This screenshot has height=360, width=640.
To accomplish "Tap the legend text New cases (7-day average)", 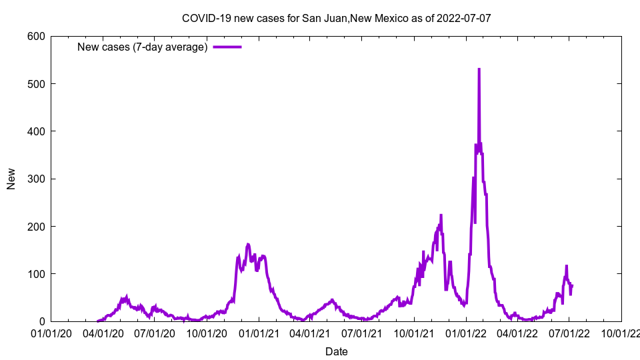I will click(x=142, y=47).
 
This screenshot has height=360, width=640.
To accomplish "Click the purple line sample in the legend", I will click(x=227, y=47).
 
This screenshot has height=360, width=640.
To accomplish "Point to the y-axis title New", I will click(x=11, y=179).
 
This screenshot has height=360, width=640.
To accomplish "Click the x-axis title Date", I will click(x=336, y=351).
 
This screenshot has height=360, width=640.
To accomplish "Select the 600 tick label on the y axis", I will click(x=37, y=37).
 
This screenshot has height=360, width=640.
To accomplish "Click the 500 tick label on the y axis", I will click(x=37, y=84).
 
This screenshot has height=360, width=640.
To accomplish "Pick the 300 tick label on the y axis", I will click(x=37, y=179).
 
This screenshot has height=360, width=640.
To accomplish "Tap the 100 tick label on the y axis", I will click(x=37, y=274).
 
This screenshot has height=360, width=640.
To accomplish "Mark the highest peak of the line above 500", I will click(x=479, y=69).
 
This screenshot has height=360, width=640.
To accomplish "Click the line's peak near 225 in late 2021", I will click(x=441, y=215).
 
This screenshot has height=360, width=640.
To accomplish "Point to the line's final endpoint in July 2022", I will click(x=572, y=285).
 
